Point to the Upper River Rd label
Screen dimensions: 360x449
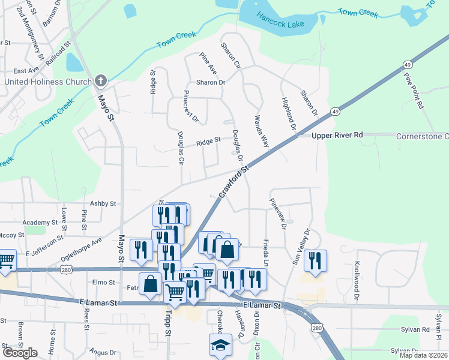[x=337, y=136]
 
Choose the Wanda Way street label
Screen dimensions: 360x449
[x=261, y=132]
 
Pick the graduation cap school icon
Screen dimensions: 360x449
[x=220, y=346]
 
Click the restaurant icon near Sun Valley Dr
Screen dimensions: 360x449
[x=315, y=260]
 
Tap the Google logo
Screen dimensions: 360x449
[x=20, y=353]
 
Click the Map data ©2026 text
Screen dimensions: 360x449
[x=423, y=355]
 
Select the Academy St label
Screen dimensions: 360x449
[x=39, y=222]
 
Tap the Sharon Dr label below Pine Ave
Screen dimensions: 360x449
[x=209, y=82]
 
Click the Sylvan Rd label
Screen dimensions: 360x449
[x=417, y=329]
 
